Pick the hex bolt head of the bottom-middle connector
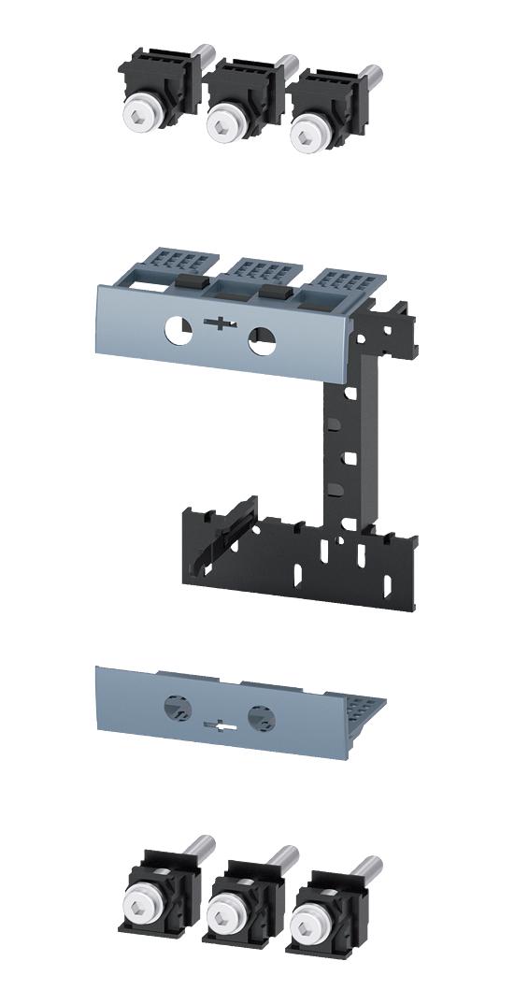click(224, 912)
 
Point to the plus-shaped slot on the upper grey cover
click(221, 326)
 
